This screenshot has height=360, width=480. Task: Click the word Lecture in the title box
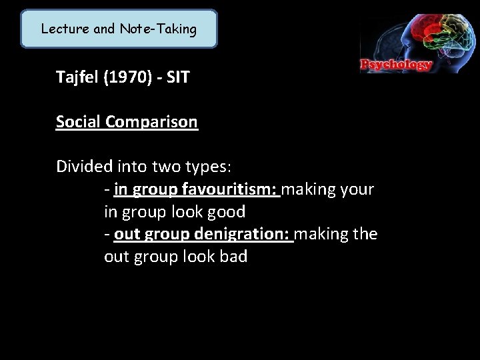[63, 29]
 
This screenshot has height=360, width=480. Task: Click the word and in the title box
[102, 29]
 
